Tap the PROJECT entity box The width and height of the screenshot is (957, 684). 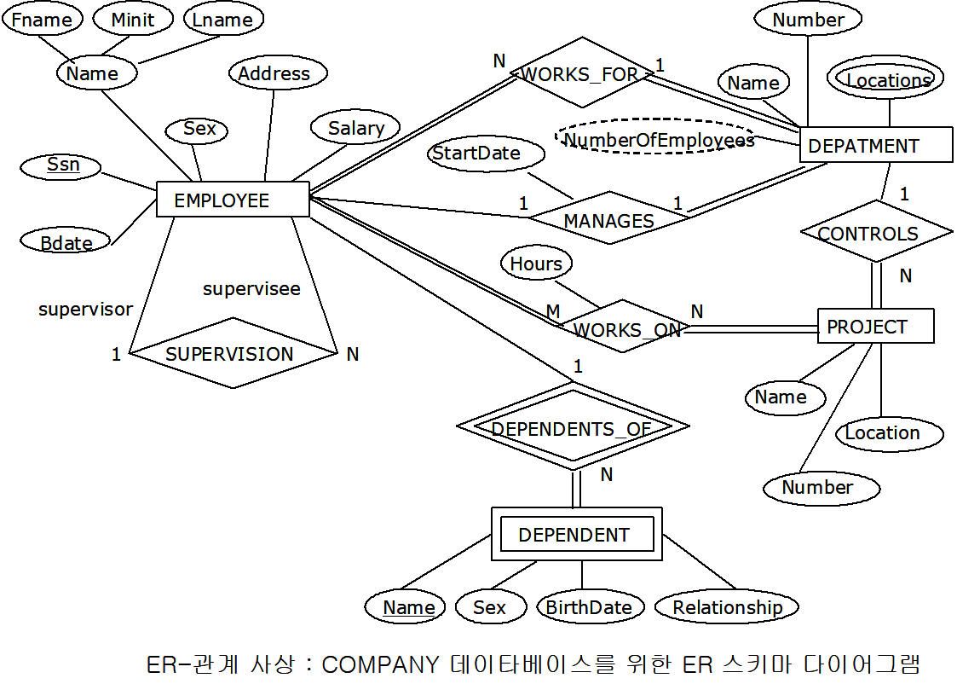point(875,326)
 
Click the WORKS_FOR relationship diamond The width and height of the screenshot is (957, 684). point(581,73)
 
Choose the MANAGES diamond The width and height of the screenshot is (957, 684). point(608,219)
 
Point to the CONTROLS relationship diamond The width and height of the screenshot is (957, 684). point(875,232)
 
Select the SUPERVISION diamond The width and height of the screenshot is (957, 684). point(230,353)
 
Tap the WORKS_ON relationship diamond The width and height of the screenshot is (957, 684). point(626,328)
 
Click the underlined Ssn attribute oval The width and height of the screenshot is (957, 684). point(62,165)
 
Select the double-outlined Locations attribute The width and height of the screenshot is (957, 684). point(886,79)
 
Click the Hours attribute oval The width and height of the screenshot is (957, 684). point(536,264)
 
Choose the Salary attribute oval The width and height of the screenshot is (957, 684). point(355,128)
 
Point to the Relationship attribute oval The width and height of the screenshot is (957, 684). point(727,606)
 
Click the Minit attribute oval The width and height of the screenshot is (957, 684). point(133,20)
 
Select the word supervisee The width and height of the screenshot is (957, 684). point(251,288)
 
